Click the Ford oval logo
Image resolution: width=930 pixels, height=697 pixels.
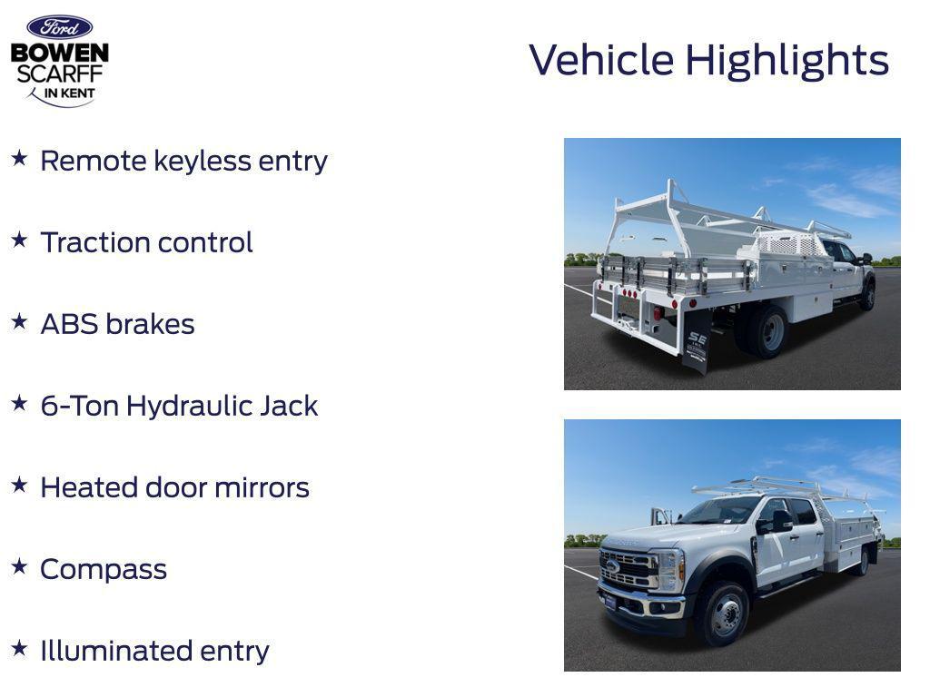59,27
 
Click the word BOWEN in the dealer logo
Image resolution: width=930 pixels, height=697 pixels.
59,54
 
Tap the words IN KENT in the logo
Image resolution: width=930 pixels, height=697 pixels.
69,93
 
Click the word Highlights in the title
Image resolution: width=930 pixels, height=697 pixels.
787,61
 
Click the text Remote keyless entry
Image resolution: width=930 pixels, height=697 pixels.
183,161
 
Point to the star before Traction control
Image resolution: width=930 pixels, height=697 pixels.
19,240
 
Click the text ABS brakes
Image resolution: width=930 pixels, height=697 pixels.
117,324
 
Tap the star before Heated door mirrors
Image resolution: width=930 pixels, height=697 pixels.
19,485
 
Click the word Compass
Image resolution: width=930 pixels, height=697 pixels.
104,569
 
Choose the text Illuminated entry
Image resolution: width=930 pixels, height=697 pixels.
154,651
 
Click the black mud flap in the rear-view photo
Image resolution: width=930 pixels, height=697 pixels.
696,341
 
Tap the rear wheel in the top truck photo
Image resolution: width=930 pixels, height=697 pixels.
767,331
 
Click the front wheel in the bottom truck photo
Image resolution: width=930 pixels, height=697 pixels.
724,614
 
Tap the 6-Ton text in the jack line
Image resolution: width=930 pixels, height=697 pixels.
80,406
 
